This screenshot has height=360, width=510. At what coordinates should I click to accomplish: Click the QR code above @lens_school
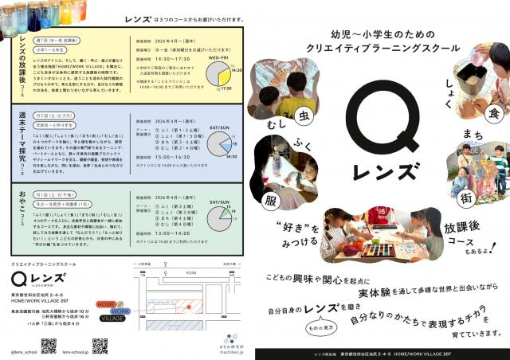pyautogui.click(x=48, y=345)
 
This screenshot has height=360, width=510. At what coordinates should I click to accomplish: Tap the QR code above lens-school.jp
pyautogui.click(x=100, y=345)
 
